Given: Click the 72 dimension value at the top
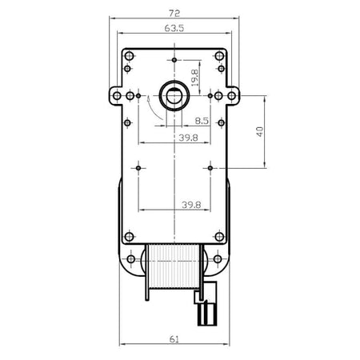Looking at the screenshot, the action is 174,13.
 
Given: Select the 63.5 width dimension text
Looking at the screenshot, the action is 174,28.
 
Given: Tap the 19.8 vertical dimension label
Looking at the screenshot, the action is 195,78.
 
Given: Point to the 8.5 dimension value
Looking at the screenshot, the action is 202,121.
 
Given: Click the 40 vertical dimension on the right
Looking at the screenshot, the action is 260,132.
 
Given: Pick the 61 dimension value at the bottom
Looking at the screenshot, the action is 174,339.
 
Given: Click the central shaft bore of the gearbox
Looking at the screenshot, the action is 174,95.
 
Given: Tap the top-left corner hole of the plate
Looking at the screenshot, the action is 130,56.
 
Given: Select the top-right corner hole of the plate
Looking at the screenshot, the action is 219,56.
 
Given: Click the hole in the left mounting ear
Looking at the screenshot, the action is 117,96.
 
